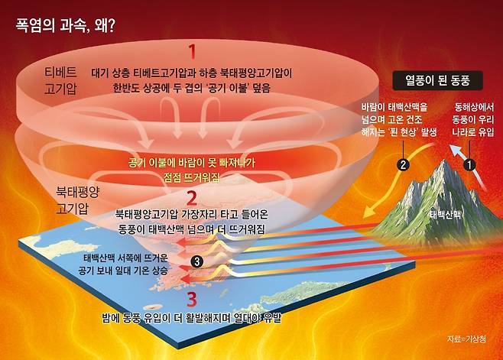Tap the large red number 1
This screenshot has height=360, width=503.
(x=192, y=53)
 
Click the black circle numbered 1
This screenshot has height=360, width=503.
(x=470, y=164)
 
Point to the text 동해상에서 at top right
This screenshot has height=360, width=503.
(x=473, y=109)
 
